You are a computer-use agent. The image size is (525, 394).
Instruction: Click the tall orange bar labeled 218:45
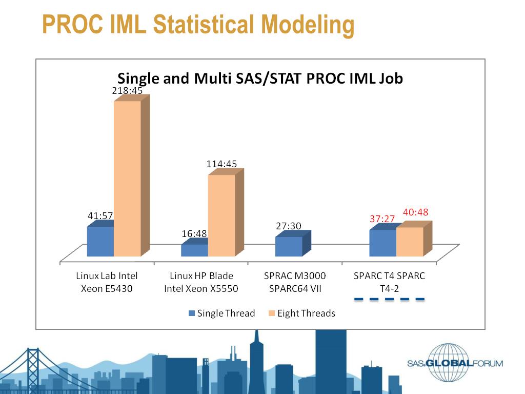[127, 179]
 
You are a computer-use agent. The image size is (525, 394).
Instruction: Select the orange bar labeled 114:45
[221, 215]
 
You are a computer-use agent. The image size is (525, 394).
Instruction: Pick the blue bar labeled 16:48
[194, 250]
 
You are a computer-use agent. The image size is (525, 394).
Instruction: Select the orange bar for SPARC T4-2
[410, 242]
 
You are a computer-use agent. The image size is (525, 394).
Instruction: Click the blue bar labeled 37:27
[382, 243]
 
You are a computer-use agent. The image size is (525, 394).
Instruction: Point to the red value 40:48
[415, 212]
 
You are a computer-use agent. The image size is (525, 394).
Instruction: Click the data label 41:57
[100, 216]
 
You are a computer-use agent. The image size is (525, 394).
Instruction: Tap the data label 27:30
[289, 226]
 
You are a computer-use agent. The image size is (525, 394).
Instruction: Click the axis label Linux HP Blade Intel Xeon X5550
[201, 282]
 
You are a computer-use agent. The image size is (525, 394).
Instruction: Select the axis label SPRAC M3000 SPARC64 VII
[295, 282]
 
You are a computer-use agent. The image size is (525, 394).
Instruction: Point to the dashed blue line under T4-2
[390, 299]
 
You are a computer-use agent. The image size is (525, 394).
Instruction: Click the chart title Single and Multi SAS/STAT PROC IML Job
[260, 78]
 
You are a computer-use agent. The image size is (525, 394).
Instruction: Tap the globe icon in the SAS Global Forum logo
[448, 363]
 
